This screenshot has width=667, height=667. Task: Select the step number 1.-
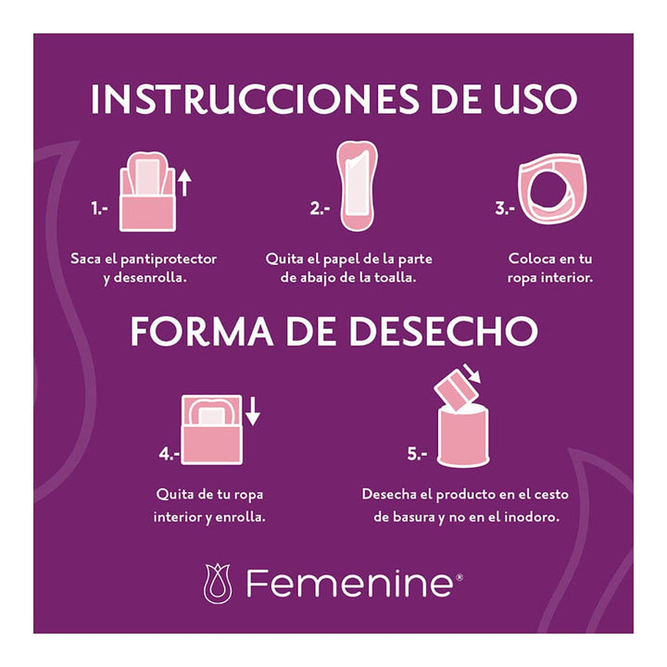[100, 209]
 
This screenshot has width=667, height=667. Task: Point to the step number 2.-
[320, 209]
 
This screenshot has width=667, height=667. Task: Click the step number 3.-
[505, 209]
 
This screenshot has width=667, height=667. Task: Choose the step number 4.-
[169, 454]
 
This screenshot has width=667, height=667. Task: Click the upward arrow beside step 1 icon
[183, 182]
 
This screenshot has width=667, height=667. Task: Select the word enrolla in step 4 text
[240, 516]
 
